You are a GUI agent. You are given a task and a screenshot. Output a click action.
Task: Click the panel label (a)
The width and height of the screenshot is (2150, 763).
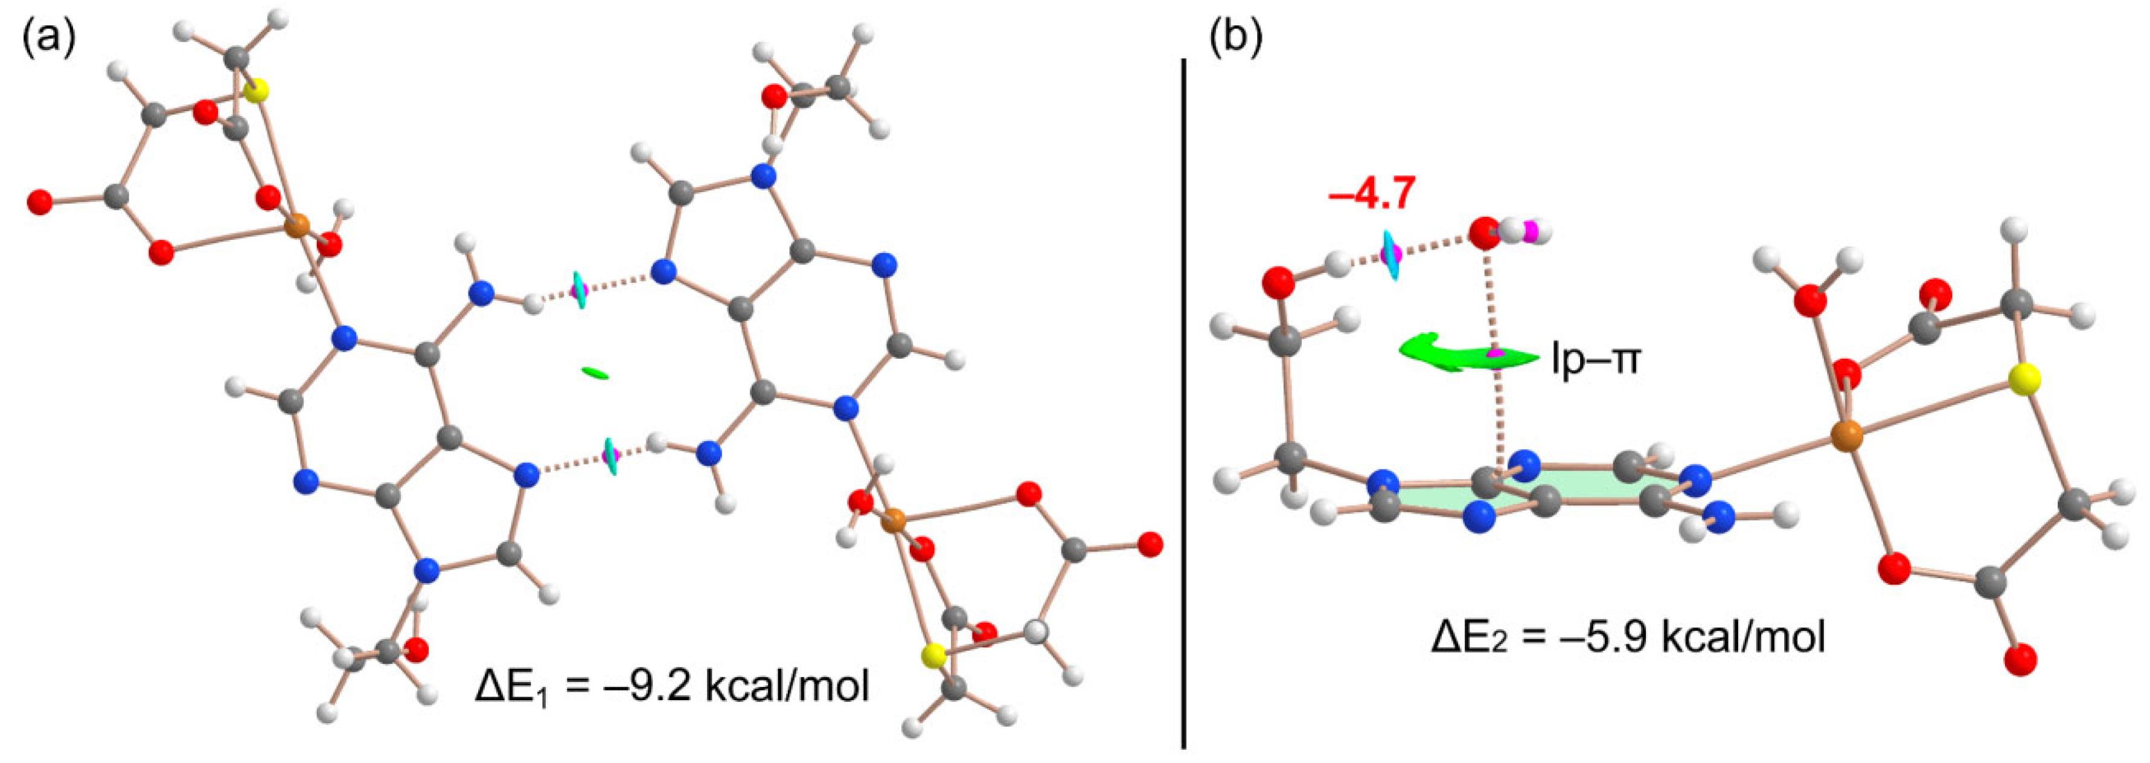click(48, 37)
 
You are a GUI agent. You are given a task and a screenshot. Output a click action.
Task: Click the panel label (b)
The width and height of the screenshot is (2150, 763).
click(1236, 37)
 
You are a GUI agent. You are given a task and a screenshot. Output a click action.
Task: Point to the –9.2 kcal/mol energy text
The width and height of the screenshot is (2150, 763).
click(672, 687)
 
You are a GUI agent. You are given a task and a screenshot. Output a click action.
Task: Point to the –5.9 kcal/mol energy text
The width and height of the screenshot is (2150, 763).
click(1628, 637)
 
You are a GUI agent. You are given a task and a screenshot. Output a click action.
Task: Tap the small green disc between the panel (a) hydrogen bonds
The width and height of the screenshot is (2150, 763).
click(595, 373)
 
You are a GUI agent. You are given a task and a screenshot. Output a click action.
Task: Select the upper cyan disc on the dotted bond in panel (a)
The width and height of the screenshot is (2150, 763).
click(578, 289)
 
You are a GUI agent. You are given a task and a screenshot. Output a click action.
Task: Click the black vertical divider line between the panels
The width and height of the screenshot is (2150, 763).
click(1183, 401)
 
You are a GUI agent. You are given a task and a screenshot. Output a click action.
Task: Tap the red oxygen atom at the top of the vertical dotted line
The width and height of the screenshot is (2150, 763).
click(1483, 234)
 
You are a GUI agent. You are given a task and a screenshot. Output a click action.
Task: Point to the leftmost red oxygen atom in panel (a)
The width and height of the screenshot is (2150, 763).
click(39, 202)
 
